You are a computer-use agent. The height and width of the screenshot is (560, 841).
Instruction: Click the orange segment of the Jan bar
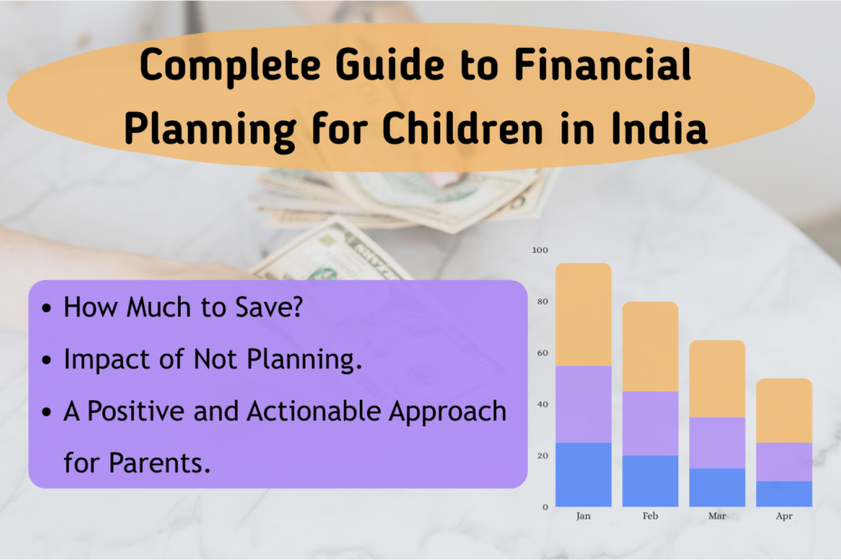click(x=583, y=314)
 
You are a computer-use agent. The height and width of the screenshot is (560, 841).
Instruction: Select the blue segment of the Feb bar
click(x=650, y=481)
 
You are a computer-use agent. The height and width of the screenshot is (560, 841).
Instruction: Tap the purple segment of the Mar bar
click(x=717, y=443)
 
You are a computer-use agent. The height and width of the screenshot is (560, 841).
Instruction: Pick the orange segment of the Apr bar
click(x=784, y=410)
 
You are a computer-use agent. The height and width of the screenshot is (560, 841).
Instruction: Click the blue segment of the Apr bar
click(x=784, y=493)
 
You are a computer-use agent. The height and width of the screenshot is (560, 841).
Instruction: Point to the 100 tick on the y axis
click(x=540, y=249)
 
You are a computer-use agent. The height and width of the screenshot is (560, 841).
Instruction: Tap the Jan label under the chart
click(x=583, y=518)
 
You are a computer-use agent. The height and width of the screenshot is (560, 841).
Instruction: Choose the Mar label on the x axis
click(x=717, y=518)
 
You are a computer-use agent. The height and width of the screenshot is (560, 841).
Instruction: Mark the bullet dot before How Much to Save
click(x=46, y=308)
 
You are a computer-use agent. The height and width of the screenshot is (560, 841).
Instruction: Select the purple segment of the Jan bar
click(x=583, y=404)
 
